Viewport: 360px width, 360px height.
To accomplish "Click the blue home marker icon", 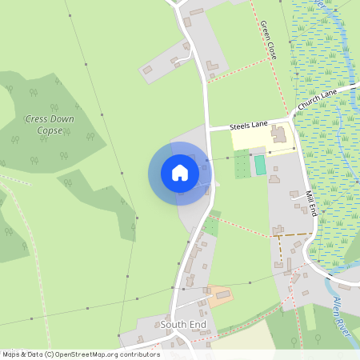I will (x=180, y=173).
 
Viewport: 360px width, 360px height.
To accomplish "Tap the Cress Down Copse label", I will (x=49, y=124).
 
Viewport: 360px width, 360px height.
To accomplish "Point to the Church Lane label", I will (x=318, y=99).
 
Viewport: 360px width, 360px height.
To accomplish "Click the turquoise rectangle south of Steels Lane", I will (x=260, y=165).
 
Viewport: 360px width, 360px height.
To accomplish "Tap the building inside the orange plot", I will (x=222, y=295).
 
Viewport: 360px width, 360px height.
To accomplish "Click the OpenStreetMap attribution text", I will (x=80, y=354).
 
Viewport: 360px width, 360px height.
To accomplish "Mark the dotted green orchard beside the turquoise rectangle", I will (x=242, y=166).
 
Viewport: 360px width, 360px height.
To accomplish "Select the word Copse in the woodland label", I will (x=50, y=130).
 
